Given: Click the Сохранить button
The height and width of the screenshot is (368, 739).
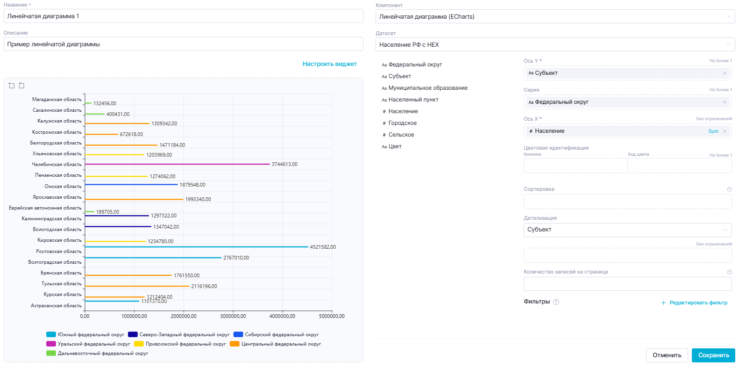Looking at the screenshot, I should (x=713, y=355).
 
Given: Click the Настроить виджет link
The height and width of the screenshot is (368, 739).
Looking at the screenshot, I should (x=329, y=64).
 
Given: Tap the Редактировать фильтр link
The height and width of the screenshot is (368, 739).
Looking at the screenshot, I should (x=698, y=303).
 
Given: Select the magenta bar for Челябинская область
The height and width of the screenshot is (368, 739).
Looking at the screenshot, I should (x=178, y=164).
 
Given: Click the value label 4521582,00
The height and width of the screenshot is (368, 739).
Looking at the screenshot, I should (x=323, y=247).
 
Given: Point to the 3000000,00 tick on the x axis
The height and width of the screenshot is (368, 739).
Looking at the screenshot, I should (x=233, y=317).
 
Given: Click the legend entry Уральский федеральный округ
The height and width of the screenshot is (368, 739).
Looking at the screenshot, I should (x=93, y=344).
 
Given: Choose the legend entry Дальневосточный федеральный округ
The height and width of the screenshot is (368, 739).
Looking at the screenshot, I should (x=102, y=354).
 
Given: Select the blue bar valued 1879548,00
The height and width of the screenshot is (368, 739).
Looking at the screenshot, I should (x=131, y=185).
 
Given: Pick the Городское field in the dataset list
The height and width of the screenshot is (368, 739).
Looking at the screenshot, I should (x=402, y=123).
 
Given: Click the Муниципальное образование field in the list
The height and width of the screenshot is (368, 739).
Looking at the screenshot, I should (x=427, y=88).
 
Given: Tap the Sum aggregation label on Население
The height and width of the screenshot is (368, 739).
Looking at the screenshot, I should (x=713, y=131).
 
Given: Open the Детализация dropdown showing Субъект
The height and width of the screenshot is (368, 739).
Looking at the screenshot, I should (x=627, y=230).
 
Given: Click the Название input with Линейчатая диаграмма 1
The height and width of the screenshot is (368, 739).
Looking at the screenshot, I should (x=183, y=16).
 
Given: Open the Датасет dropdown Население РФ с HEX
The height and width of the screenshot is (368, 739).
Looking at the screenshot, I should (x=554, y=45).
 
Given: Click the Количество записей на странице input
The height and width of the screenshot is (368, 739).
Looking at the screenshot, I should (x=627, y=284).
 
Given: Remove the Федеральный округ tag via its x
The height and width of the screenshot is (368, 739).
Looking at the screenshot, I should (x=725, y=102).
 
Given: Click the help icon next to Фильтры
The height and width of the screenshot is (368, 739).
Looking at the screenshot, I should (x=556, y=302).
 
